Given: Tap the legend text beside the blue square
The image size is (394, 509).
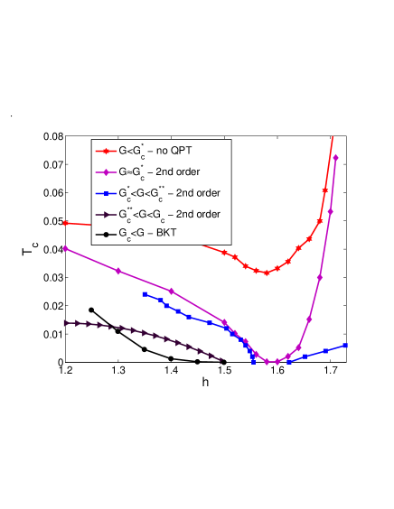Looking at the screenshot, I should pos(169,192).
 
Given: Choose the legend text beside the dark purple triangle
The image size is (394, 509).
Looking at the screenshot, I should pos(169,214).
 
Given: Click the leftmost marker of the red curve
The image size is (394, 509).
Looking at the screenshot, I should pos(65,223).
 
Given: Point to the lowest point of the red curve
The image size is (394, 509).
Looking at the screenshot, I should pos(267,273).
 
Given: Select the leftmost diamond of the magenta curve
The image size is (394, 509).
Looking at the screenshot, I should pos(65,248).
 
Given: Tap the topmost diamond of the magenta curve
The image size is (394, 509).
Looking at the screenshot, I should pos(335,157).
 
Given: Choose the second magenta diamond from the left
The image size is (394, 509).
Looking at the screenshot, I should pos(118,271).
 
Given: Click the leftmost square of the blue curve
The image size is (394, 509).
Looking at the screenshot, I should pos(145,294).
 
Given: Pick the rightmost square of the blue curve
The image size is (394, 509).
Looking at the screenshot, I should pos(346,345).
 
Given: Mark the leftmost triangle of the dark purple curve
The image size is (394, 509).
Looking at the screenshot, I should pos(65,321).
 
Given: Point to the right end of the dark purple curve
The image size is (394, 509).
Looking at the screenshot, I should pos(221,359).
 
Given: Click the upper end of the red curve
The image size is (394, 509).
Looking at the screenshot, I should pos(333,137).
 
